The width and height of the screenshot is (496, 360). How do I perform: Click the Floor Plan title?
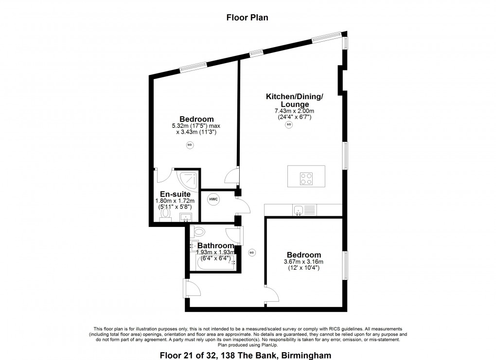(247, 17)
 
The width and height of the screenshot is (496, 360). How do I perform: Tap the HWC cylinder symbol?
(213, 200)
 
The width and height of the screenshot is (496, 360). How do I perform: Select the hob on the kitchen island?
(306, 179)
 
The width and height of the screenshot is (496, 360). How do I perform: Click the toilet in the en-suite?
(165, 215)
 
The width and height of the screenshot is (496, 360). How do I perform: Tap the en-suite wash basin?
(186, 218)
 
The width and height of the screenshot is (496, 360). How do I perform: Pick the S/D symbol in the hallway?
(252, 253)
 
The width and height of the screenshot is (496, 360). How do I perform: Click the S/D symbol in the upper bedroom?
(190, 145)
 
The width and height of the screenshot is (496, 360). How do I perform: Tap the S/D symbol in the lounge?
(289, 124)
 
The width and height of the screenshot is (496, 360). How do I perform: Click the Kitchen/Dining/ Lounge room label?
(295, 100)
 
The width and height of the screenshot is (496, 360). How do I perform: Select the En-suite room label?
(175, 194)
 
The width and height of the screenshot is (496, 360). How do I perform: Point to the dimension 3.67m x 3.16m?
(303, 262)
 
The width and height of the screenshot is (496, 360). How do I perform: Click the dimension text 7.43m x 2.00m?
(295, 111)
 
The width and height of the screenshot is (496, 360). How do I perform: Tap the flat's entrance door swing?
(193, 289)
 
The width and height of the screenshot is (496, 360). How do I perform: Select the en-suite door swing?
(163, 176)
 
